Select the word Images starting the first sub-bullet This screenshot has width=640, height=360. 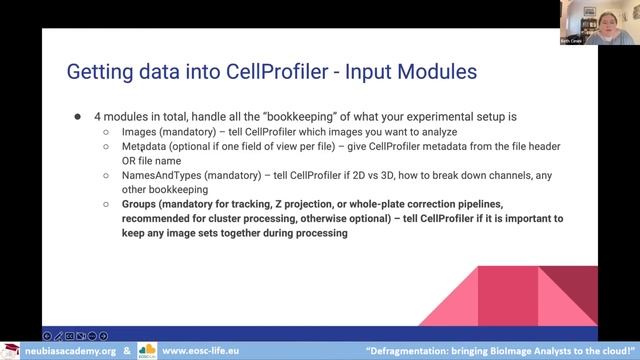(139, 131)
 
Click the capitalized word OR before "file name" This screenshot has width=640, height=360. (131, 160)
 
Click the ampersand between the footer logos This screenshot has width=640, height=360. (127, 351)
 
